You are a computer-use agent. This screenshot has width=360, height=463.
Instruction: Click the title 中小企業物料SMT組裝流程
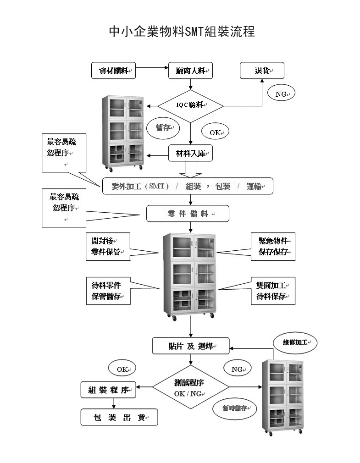coord(182,32)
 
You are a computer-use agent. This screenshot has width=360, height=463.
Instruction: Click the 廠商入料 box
coord(191,71)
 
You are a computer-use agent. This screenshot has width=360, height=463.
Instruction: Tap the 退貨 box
coord(262,71)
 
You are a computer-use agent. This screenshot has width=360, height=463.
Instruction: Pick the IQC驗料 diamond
coord(191,105)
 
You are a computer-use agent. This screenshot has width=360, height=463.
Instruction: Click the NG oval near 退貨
coord(281,94)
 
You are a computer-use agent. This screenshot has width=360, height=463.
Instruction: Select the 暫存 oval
coord(163,128)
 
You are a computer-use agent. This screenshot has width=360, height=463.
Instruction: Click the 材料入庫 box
coord(191,154)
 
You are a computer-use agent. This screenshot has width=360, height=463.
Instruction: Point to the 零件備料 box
coord(188,214)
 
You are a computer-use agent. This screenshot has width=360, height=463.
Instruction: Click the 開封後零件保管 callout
coord(108,246)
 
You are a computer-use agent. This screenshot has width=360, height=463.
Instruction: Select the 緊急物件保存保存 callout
coord(273,247)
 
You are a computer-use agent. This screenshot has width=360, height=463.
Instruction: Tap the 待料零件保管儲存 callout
coord(108,291)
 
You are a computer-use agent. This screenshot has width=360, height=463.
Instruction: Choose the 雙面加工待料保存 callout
coord(273,291)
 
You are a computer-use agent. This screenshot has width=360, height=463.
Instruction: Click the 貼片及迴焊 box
coord(191,346)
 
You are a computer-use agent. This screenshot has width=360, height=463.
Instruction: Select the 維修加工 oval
coord(295,342)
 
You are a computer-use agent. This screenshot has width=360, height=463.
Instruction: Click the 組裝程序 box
coord(109,390)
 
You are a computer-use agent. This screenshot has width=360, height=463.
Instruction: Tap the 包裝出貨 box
coord(119,417)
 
